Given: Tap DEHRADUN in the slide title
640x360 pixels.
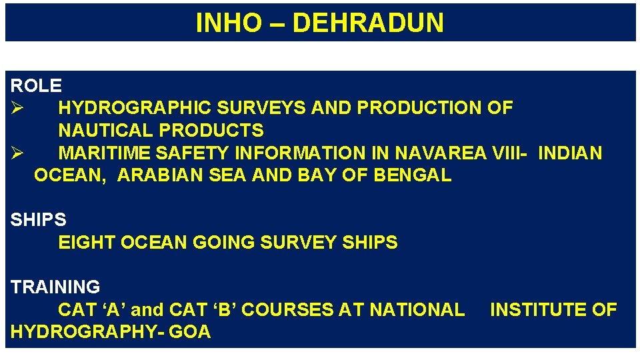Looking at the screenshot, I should (367, 23).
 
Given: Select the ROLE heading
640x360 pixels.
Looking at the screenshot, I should (36, 85).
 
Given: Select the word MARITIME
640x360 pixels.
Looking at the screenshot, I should (104, 153).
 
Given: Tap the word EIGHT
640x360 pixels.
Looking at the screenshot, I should (87, 243).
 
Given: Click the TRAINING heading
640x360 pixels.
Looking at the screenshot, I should (55, 287).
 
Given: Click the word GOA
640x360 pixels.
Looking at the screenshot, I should (190, 332).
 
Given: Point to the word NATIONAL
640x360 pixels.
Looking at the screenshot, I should (417, 310).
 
